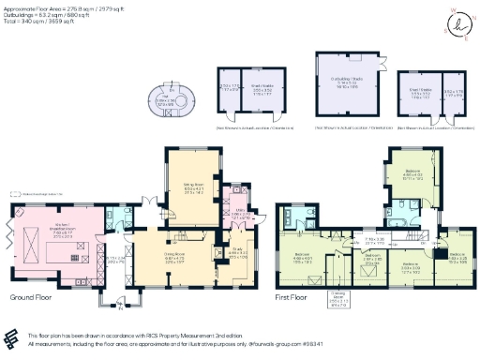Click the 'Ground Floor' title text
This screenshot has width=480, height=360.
(x=29, y=297)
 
